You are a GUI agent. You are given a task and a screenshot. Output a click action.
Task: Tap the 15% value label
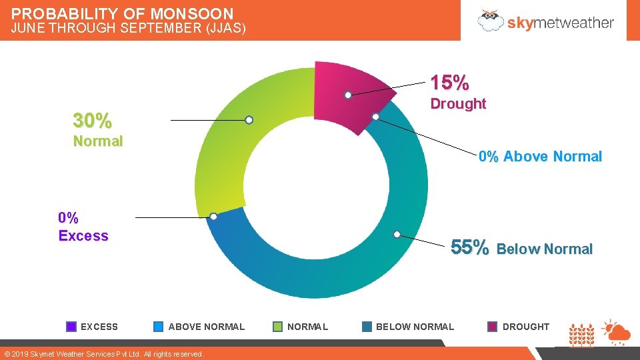449,83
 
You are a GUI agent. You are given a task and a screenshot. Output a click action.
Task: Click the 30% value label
92,121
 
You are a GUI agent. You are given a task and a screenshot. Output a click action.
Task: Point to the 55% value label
470,247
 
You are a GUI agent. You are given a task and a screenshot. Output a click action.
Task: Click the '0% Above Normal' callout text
540,157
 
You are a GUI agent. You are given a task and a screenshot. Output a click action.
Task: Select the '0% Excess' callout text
83,227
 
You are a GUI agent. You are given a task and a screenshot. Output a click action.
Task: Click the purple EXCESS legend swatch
71,327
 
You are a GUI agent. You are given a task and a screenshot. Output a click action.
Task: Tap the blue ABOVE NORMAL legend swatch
158,327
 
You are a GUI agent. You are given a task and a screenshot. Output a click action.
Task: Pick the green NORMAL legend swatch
278,327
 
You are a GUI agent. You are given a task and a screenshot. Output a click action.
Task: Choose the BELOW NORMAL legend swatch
367,327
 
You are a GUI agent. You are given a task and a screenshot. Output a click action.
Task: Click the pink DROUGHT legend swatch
492,327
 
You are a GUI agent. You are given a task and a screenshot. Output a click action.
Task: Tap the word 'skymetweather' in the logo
560,22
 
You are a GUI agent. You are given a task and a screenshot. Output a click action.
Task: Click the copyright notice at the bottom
103,354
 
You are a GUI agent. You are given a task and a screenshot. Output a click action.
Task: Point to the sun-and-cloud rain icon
615,331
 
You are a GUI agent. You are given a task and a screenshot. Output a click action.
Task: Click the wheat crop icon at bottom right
581,335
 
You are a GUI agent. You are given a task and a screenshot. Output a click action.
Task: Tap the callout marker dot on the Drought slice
348,95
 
